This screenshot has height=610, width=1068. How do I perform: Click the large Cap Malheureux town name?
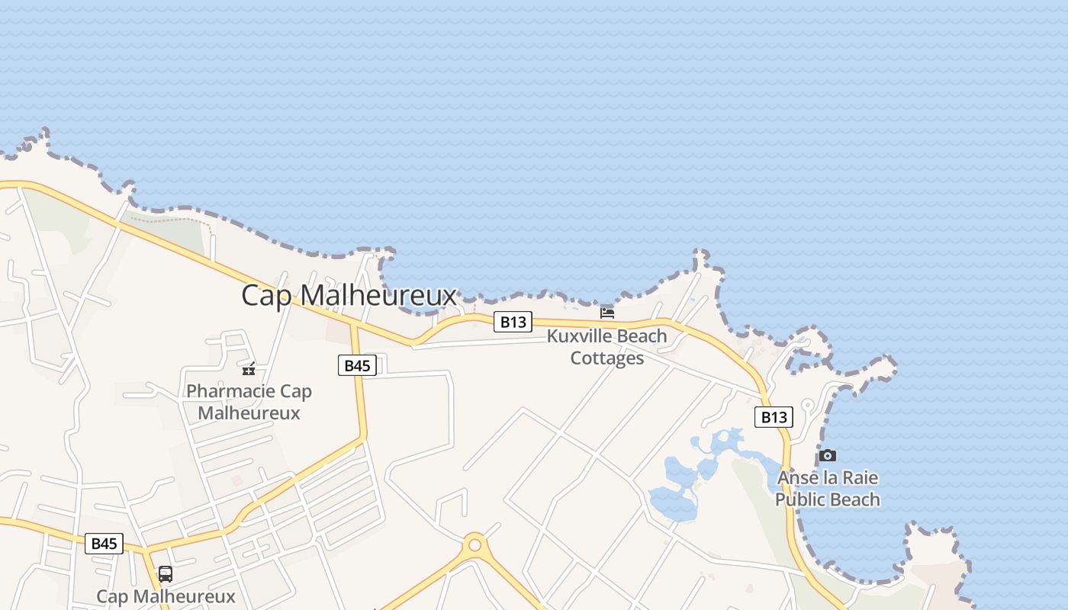[x=349, y=295]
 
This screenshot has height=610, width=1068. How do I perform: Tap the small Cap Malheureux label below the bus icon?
[x=166, y=596]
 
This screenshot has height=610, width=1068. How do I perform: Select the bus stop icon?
[x=166, y=574]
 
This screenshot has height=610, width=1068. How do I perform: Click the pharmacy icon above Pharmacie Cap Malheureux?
[x=249, y=370]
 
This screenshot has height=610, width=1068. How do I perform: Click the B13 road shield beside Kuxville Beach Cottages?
[x=513, y=322]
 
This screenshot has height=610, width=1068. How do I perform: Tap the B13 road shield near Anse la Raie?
[x=774, y=417]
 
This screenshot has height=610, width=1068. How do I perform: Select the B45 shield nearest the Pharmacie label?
[x=357, y=365]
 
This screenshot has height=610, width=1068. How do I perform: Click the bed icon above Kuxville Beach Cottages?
[x=607, y=313]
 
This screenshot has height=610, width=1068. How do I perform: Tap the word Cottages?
[x=607, y=358]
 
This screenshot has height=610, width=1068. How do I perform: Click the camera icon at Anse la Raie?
[x=828, y=455]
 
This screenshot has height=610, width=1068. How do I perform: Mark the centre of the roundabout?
[x=475, y=545]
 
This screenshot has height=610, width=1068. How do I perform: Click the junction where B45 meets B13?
[x=352, y=324]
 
